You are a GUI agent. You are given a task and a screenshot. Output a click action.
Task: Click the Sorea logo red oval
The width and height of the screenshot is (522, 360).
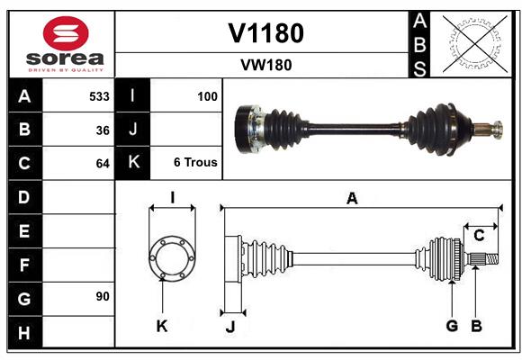pyautogui.click(x=65, y=33)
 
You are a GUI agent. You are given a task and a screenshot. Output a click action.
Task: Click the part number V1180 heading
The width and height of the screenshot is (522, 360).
pyautogui.click(x=265, y=33)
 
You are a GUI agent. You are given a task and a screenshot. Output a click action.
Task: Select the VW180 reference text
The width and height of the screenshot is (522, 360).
pyautogui.click(x=265, y=65)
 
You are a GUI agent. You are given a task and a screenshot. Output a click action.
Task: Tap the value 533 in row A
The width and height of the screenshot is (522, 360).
pyautogui.click(x=99, y=95)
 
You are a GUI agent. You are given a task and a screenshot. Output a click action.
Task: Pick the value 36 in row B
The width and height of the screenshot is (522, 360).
pyautogui.click(x=102, y=130)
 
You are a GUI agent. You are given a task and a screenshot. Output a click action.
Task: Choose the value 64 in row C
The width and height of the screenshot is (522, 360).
pyautogui.click(x=102, y=164)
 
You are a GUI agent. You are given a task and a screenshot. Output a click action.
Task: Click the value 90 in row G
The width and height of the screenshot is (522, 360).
pyautogui.click(x=102, y=296)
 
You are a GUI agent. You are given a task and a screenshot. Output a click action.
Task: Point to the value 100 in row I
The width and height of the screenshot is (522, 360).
pyautogui.click(x=206, y=95)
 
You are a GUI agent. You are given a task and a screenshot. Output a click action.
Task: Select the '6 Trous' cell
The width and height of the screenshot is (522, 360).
pyautogui.click(x=195, y=163)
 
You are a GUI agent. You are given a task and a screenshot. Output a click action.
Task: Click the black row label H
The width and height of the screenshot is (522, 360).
pyautogui.click(x=24, y=333)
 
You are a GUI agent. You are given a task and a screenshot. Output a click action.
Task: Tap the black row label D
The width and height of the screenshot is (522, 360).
pyautogui.click(x=24, y=197)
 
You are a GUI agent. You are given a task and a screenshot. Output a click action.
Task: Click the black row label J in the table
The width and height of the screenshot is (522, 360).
pyautogui.click(x=132, y=130)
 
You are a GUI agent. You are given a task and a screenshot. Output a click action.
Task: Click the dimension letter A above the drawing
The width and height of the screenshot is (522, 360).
pyautogui.click(x=352, y=198)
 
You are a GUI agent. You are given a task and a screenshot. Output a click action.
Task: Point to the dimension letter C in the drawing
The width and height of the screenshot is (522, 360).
pyautogui.click(x=479, y=235)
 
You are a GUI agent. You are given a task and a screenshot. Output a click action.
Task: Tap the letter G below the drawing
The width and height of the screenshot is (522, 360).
pyautogui.click(x=452, y=326)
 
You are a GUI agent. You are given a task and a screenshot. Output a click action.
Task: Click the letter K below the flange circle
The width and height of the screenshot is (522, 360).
pyautogui.click(x=162, y=326)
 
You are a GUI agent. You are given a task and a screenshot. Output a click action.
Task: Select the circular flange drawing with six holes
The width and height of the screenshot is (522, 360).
pyautogui.click(x=171, y=258)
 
